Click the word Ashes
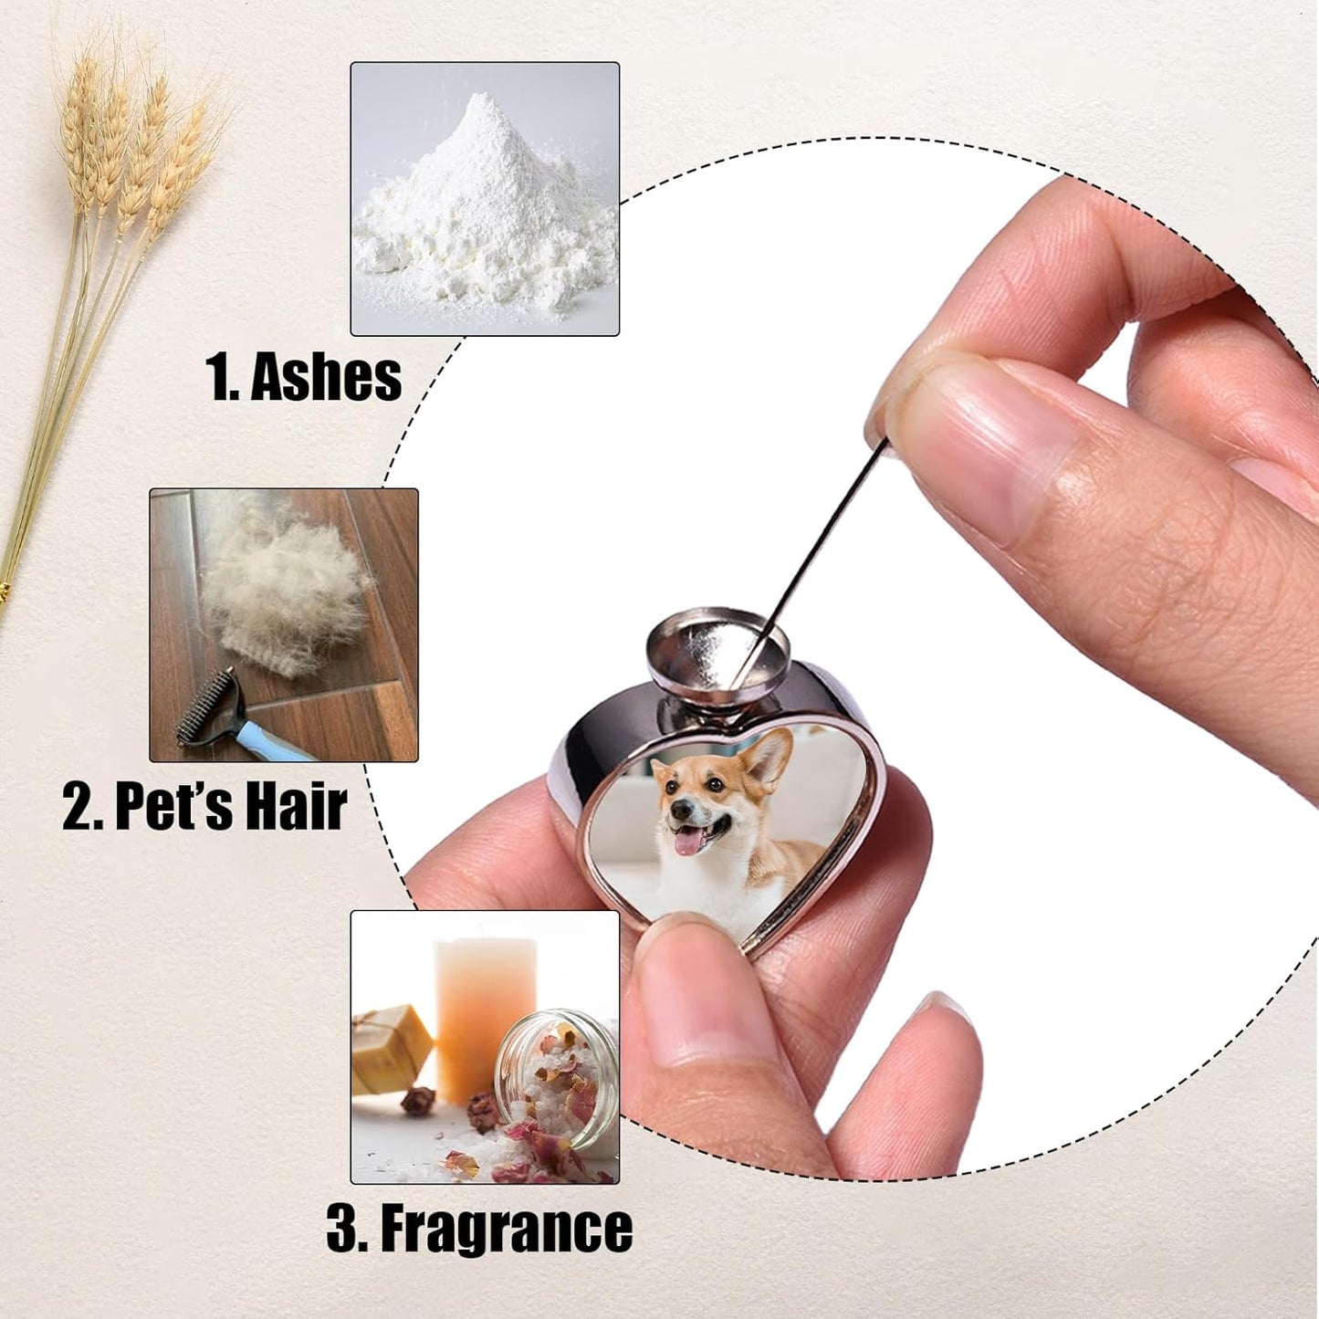coord(326,377)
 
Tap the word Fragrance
coord(506,1229)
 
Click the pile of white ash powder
coord(484,210)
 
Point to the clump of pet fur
coord(283,584)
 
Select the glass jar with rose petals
coord(557,1077)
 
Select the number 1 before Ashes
coord(219,377)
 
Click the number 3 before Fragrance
coord(342,1229)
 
